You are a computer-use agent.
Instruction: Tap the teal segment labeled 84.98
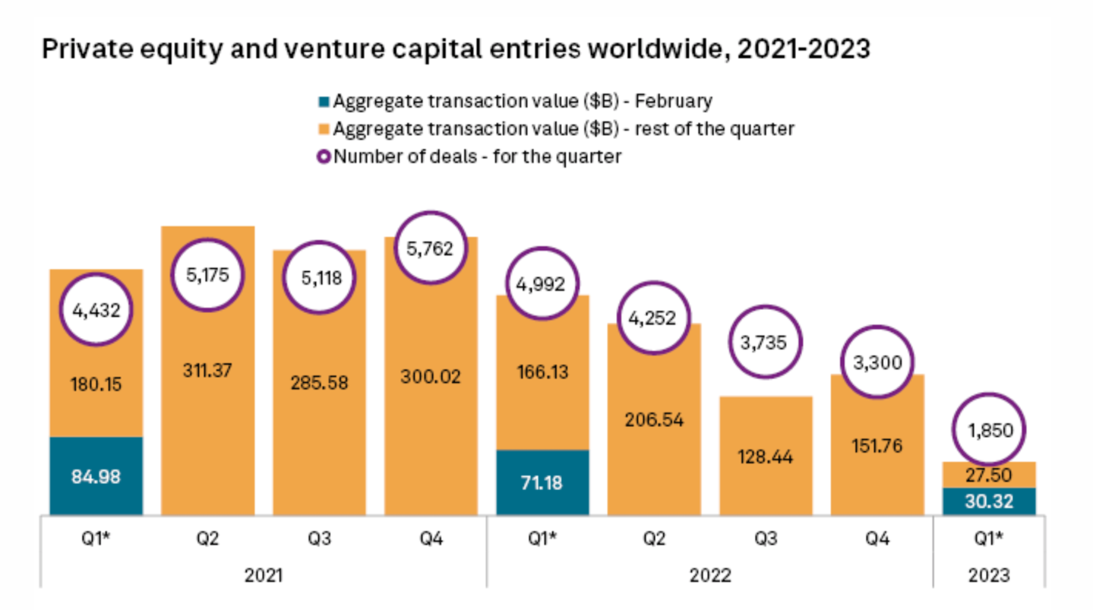point(96,476)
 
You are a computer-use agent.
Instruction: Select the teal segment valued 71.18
point(542,482)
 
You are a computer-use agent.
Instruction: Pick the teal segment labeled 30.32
point(990,501)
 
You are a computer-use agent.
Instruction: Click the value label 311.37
point(207,371)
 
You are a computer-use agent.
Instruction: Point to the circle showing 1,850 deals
point(990,431)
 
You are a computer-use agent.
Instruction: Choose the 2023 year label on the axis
point(990,575)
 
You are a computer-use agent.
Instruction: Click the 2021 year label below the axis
point(264,575)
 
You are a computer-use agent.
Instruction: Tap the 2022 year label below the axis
point(710,575)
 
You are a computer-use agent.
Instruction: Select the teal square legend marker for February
point(324,101)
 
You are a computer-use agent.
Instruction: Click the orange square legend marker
point(324,129)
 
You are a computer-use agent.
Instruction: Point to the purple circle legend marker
point(324,157)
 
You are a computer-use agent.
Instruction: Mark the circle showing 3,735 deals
point(766,342)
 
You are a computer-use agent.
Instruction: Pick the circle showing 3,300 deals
point(877,362)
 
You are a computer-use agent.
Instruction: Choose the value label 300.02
point(431,376)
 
